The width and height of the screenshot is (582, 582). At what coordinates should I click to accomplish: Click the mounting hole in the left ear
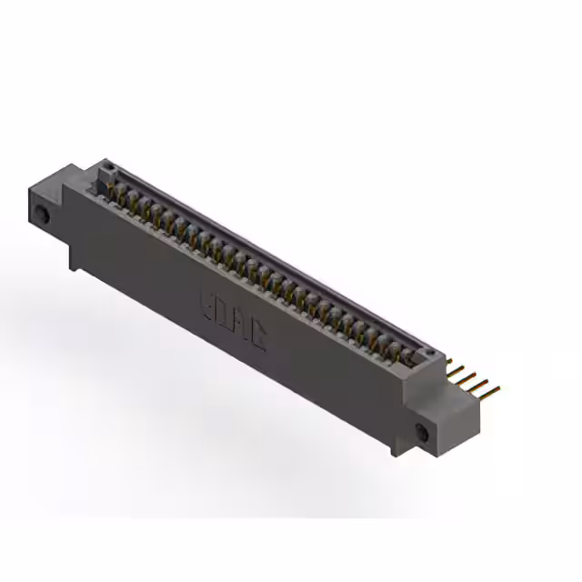[x=42, y=216]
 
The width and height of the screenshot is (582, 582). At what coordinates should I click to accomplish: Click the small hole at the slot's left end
[x=107, y=167]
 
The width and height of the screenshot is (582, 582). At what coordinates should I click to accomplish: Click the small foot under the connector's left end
[x=74, y=260]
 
